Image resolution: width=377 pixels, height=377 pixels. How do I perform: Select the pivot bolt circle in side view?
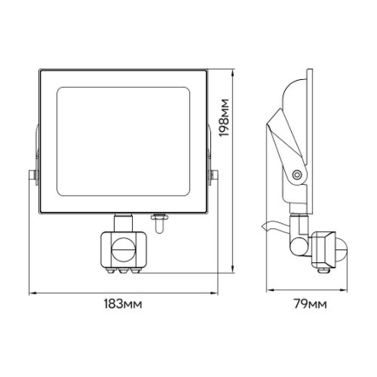coord(296,174)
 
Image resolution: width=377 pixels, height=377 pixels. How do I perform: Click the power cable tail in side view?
coord(271,226)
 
